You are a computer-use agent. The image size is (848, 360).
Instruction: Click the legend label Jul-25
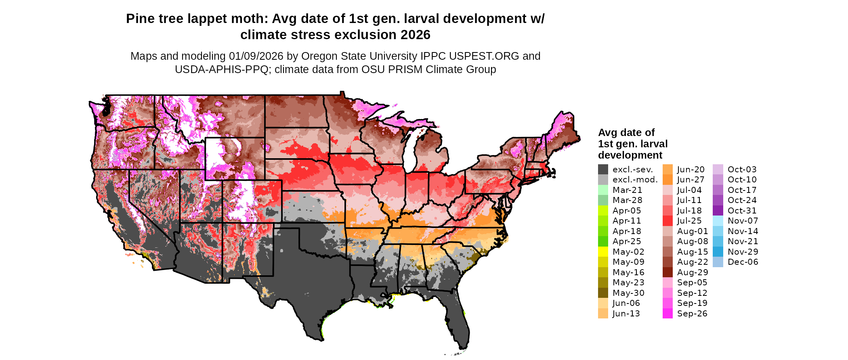coord(689,221)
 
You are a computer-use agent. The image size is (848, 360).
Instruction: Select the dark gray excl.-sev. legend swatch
coord(603,170)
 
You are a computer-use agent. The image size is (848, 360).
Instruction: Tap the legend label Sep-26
coord(692,314)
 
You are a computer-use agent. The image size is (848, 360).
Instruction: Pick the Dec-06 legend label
coord(743,262)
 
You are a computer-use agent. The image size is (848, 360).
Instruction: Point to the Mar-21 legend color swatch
coord(603,190)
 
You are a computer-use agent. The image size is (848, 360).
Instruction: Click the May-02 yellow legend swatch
coord(603,252)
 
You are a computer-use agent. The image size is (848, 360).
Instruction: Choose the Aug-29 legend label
coord(692,272)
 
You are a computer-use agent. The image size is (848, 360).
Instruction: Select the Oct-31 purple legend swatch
coord(718,211)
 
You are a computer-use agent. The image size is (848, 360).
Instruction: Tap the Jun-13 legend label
coord(626,314)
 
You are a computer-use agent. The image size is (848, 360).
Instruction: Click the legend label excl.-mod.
coord(635,180)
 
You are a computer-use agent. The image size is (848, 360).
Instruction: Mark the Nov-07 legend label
coord(743,221)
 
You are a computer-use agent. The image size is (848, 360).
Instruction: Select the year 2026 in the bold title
coord(415,35)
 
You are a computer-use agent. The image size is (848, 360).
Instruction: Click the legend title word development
coord(630,155)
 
